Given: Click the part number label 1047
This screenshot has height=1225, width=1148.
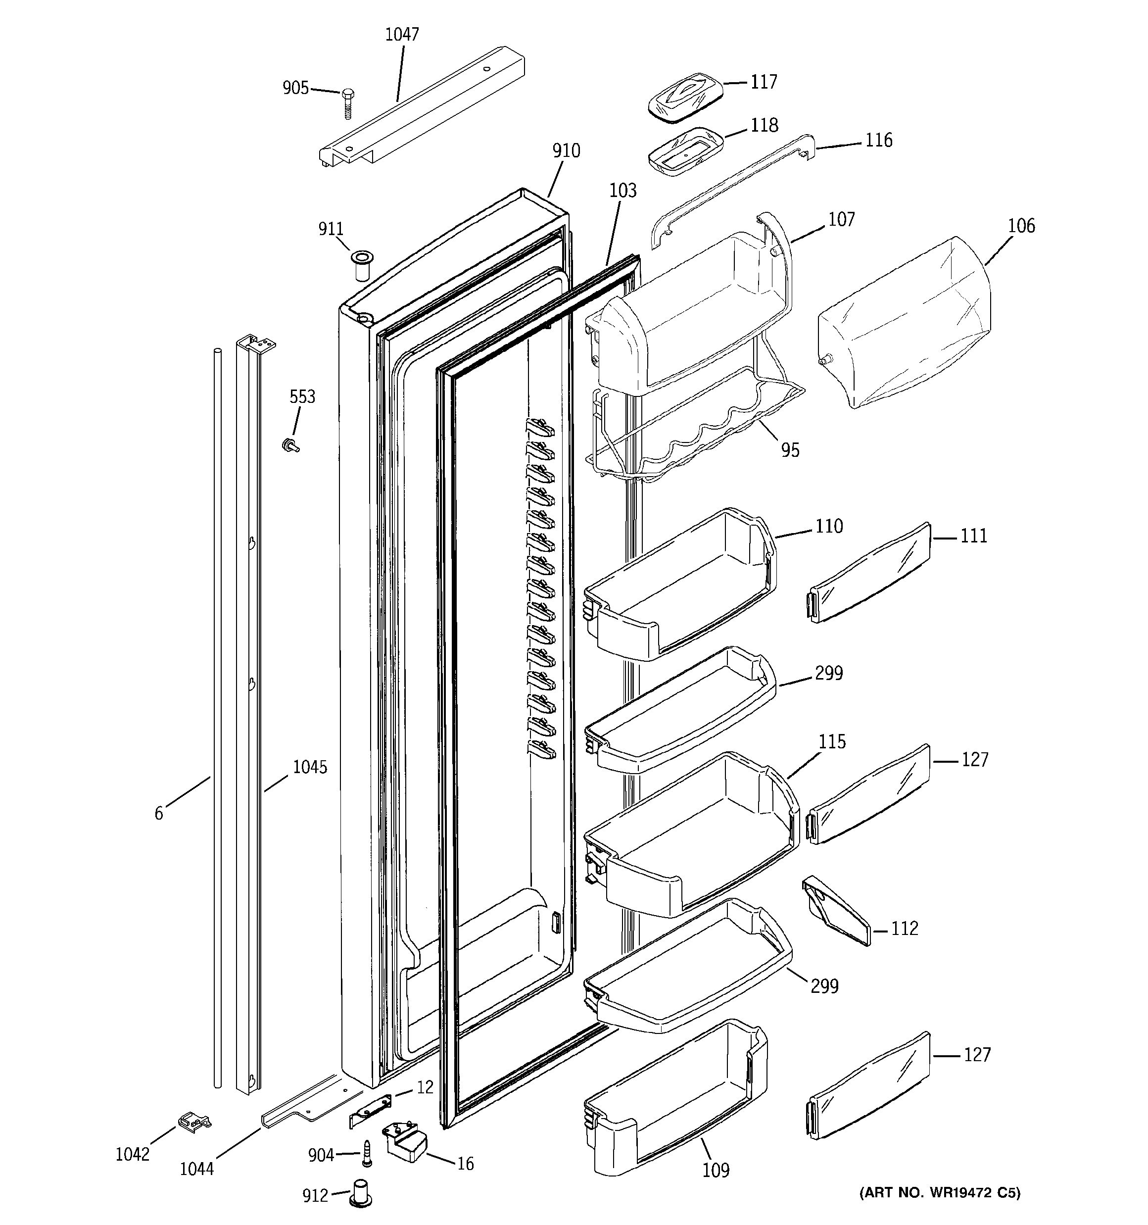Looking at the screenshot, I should point(402,35).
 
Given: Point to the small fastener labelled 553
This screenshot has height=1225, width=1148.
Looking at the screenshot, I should point(288,444).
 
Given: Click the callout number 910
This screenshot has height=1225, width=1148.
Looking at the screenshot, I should point(566,151).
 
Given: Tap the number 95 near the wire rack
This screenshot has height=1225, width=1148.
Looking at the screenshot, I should point(790,450).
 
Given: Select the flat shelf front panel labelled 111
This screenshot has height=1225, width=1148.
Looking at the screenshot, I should point(869,573).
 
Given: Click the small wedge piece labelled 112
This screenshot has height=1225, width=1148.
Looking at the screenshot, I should point(837,910).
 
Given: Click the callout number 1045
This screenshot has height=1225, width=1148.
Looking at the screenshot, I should point(309,767).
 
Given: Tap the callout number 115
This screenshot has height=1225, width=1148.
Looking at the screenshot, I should point(832,742).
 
